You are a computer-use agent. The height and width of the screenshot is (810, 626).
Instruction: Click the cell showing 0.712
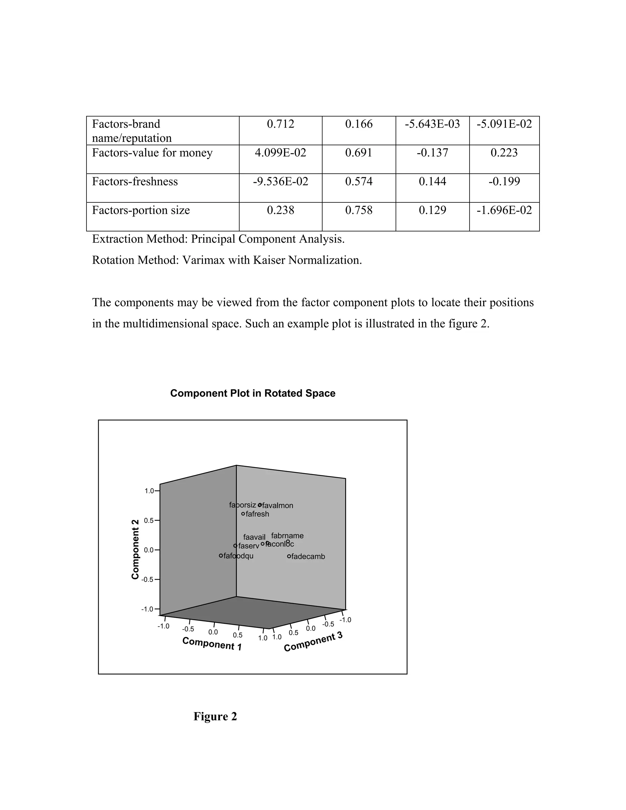pos(280,124)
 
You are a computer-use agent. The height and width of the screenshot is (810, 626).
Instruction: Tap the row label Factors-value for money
pos(152,153)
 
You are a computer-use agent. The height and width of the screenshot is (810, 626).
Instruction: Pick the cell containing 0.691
pos(359,153)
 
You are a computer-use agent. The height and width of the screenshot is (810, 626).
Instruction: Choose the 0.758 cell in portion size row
pos(359,210)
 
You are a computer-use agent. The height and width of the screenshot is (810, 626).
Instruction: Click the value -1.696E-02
pos(504,210)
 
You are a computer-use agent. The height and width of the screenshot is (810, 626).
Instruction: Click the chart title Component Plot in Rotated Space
pos(252,393)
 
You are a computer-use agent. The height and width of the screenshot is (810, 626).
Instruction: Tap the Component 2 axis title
pos(135,549)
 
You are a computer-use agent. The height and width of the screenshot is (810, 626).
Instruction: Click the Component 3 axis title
pos(313,642)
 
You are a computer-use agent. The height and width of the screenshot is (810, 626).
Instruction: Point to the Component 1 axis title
pos(212,643)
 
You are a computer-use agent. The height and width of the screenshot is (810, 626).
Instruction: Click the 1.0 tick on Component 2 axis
pos(149,491)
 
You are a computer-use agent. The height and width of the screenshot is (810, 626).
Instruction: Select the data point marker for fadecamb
pos(289,556)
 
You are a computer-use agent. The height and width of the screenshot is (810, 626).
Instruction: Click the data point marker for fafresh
pos(243,514)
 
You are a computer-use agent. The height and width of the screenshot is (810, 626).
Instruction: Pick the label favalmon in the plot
pos(278,506)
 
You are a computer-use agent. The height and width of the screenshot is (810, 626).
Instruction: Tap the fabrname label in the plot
pos(287,536)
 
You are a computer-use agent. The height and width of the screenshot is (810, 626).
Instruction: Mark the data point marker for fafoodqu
pos(221,556)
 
